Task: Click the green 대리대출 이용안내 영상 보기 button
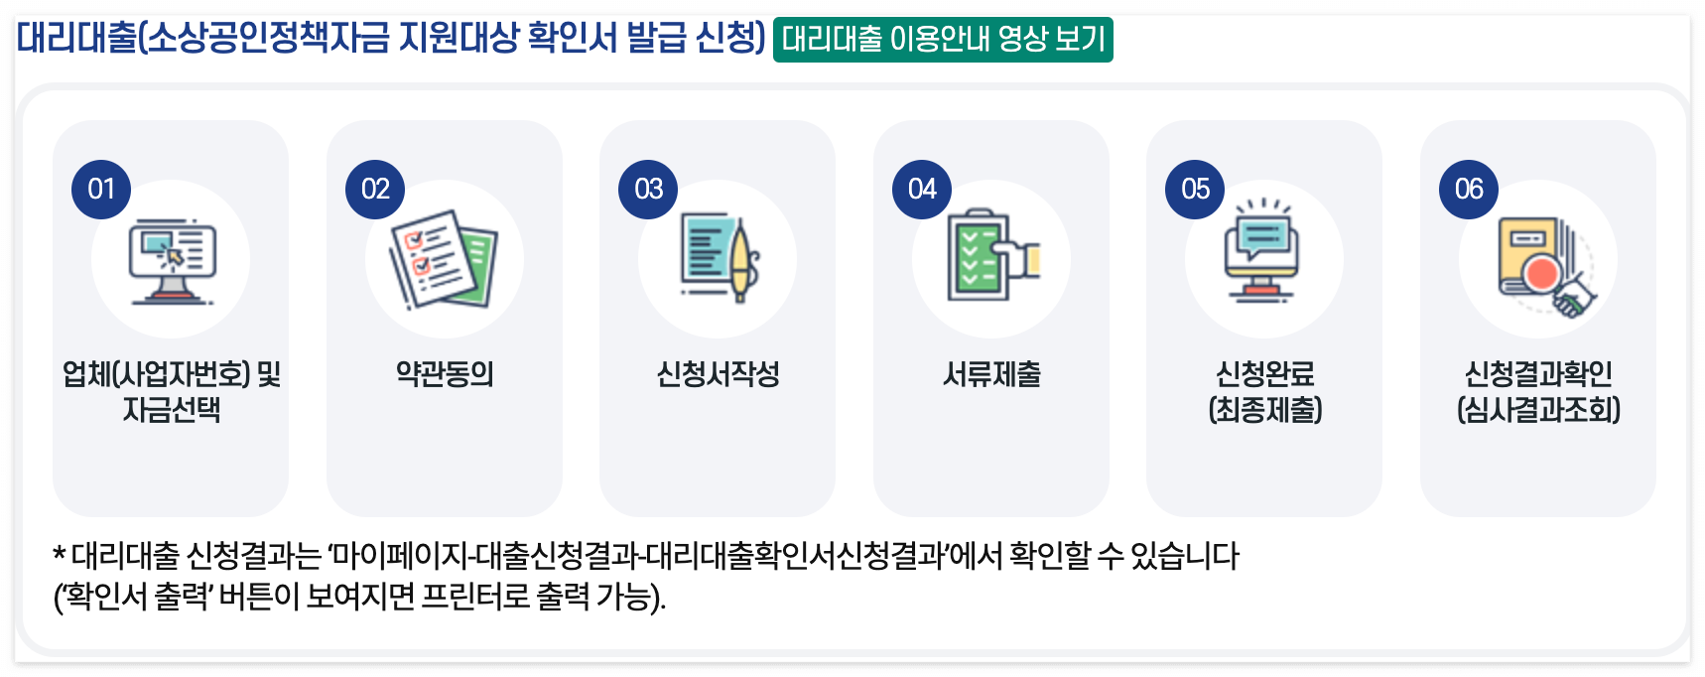(943, 40)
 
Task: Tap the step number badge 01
(101, 189)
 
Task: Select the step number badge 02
(375, 189)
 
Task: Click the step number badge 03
(648, 189)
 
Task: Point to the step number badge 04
(922, 189)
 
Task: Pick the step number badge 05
(1195, 189)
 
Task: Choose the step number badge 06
(1469, 189)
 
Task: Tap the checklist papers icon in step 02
(444, 259)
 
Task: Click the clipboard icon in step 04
(991, 256)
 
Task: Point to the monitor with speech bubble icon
(1262, 253)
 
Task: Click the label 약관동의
(445, 374)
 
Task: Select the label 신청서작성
(718, 374)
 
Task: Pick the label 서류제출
(991, 374)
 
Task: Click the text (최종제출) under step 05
(1265, 409)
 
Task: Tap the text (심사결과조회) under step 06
(1538, 409)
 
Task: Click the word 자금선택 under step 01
(172, 409)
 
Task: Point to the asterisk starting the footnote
(60, 554)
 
